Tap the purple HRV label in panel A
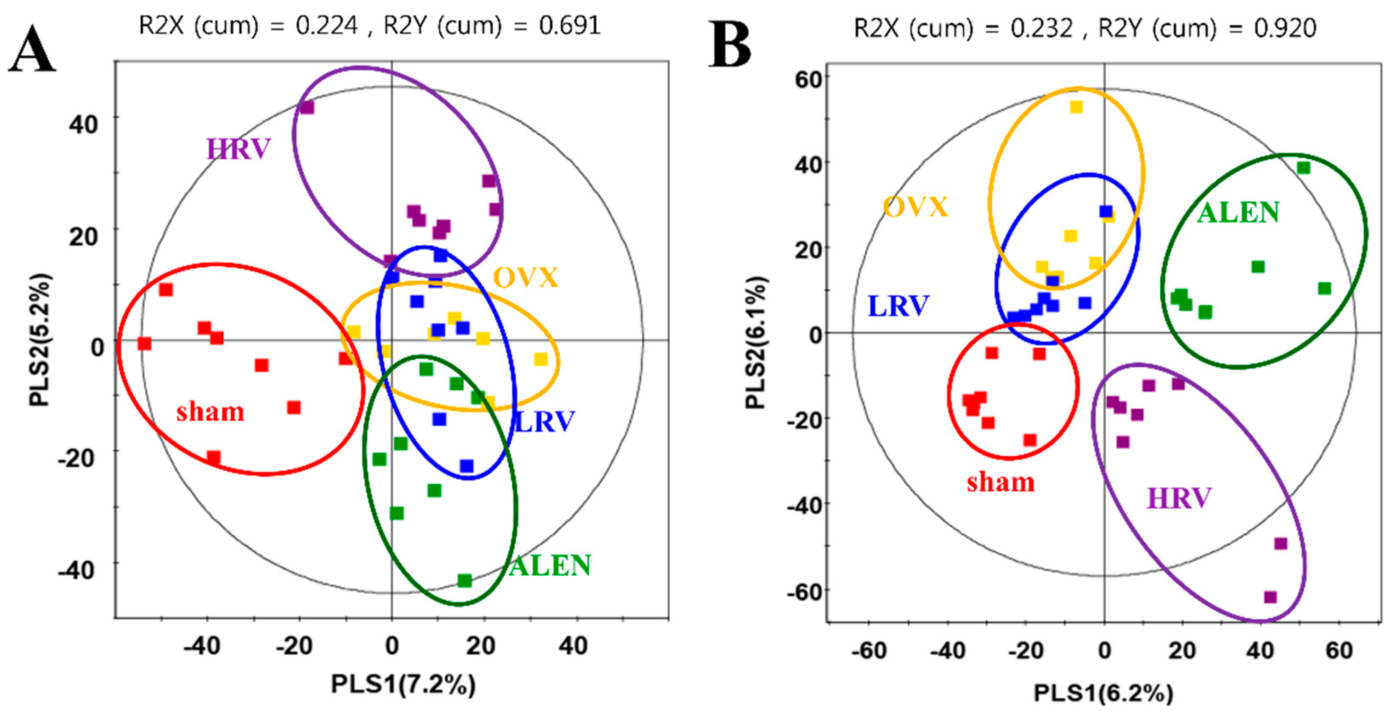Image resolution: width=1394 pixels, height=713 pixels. tap(239, 149)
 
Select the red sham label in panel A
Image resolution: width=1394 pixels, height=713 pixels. tap(210, 412)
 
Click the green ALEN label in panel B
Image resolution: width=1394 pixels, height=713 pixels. tap(1238, 212)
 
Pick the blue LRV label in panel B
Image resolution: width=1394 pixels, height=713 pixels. tap(898, 306)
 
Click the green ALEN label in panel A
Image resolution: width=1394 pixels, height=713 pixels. tap(550, 566)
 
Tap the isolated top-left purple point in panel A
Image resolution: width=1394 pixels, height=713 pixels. tap(307, 107)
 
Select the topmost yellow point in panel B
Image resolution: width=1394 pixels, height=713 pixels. tap(1076, 107)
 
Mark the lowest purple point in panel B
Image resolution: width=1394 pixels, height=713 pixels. tap(1270, 597)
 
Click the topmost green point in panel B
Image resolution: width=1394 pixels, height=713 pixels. tap(1303, 168)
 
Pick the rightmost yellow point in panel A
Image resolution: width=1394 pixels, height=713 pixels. tap(541, 359)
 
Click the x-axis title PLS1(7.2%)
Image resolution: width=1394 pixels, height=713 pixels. tap(403, 684)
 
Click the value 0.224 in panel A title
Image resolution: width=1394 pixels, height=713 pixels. tap(327, 25)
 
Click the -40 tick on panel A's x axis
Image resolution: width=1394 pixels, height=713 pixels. tap(202, 646)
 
